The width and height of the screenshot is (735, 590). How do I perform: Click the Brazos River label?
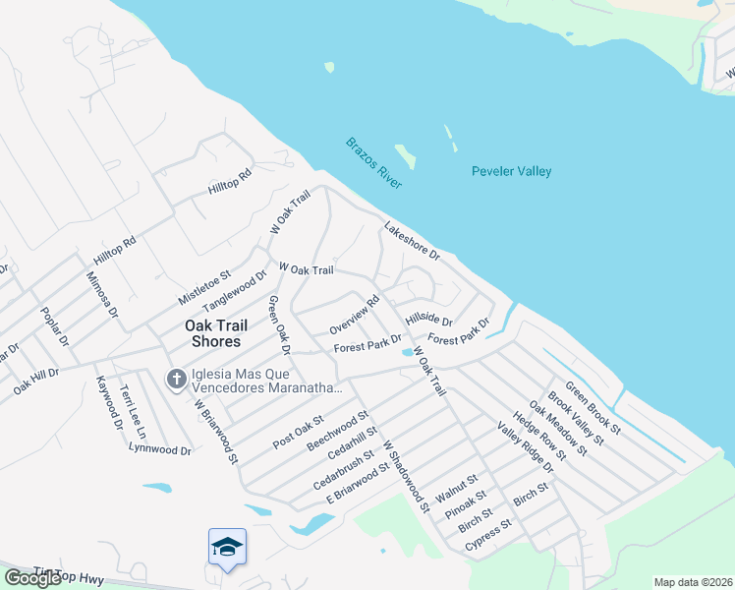(x=375, y=163)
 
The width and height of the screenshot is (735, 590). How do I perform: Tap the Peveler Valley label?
(x=511, y=172)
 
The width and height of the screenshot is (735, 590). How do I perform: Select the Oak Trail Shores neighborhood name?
(x=212, y=333)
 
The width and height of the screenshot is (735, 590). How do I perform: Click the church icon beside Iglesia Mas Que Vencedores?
(x=176, y=379)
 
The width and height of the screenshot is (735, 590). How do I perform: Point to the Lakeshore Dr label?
(x=411, y=241)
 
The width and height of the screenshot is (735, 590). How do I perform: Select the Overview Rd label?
(x=354, y=315)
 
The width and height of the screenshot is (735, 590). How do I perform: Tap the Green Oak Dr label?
(x=279, y=324)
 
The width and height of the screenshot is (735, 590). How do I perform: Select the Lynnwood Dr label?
(x=159, y=449)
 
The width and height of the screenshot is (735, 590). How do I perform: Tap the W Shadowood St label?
(x=406, y=476)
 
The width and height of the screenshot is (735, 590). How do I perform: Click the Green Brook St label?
(x=592, y=407)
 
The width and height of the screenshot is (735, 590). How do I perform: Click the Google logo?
(x=32, y=578)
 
